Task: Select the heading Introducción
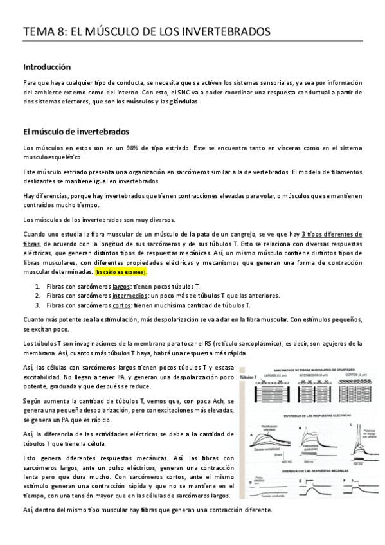coord(47,67)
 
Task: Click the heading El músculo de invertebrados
coord(76,132)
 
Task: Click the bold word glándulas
coord(183,102)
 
